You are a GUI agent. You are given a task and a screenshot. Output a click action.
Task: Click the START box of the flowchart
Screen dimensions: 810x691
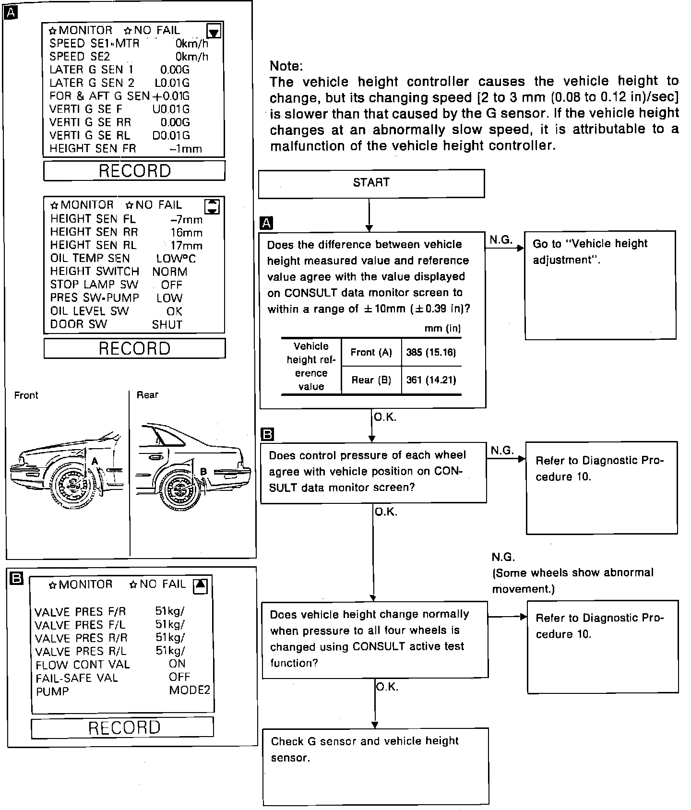(x=371, y=183)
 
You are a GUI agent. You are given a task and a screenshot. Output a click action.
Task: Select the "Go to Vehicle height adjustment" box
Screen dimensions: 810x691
(x=600, y=286)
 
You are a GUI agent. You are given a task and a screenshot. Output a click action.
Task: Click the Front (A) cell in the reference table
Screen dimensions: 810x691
(x=371, y=353)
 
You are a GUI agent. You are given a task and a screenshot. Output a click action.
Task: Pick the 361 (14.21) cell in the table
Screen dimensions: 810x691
(x=431, y=380)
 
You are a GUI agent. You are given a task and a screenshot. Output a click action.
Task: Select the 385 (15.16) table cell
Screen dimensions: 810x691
(x=431, y=353)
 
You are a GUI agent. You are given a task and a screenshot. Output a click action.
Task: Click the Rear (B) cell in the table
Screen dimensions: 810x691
(x=371, y=380)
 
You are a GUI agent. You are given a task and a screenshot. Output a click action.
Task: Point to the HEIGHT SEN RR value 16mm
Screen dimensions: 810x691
(x=186, y=233)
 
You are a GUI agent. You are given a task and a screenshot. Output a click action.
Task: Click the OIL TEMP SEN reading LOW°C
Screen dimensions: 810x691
(x=176, y=259)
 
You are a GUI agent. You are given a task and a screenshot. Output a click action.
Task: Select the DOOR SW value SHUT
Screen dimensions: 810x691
(x=167, y=325)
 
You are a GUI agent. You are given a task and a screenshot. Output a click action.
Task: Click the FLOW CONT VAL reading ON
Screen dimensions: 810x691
(x=177, y=664)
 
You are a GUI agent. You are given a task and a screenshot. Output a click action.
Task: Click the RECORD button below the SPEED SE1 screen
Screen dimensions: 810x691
(x=134, y=171)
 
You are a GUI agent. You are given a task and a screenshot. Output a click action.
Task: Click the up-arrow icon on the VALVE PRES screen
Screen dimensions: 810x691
(x=201, y=585)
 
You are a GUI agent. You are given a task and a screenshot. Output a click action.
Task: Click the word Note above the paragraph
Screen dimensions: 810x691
(x=286, y=66)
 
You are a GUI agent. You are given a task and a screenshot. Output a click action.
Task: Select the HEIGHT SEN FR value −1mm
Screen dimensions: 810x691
(x=185, y=149)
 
